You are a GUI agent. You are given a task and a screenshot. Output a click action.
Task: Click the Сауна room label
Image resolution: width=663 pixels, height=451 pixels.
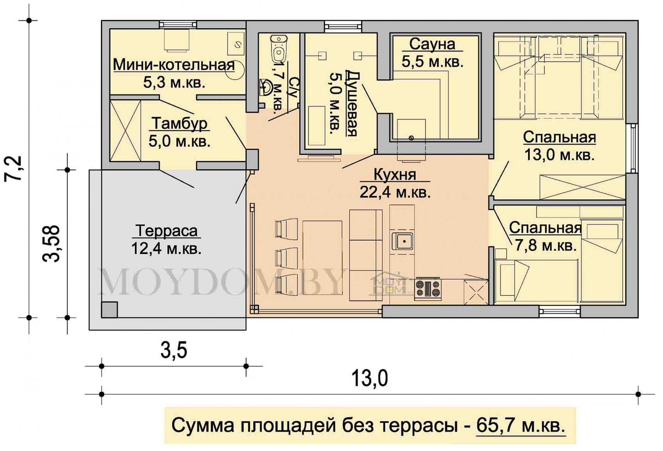432,44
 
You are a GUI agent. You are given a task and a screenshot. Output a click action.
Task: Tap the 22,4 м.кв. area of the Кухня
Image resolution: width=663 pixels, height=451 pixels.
395,193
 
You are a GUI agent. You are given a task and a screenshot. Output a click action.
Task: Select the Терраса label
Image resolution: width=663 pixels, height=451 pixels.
167,231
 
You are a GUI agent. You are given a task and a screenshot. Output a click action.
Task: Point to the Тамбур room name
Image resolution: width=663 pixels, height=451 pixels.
180,124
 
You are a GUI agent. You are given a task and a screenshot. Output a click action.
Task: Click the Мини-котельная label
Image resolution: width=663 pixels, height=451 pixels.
174,65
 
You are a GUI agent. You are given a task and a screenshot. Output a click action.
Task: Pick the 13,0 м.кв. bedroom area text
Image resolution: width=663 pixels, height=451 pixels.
559,155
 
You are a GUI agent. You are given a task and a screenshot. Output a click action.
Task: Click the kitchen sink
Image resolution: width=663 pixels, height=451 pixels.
402,241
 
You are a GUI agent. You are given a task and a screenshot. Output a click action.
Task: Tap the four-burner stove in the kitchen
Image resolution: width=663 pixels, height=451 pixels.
428,289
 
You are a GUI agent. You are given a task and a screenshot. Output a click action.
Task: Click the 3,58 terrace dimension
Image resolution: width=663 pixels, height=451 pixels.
51,244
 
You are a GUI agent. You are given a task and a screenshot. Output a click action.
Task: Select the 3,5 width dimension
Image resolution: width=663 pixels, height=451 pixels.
174,351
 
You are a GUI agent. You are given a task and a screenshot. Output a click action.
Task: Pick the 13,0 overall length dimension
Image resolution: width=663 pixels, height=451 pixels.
370,379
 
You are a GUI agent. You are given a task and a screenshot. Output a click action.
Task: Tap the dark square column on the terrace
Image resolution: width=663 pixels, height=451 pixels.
110,310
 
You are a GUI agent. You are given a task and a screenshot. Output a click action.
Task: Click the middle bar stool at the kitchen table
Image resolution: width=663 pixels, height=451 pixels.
286,259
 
